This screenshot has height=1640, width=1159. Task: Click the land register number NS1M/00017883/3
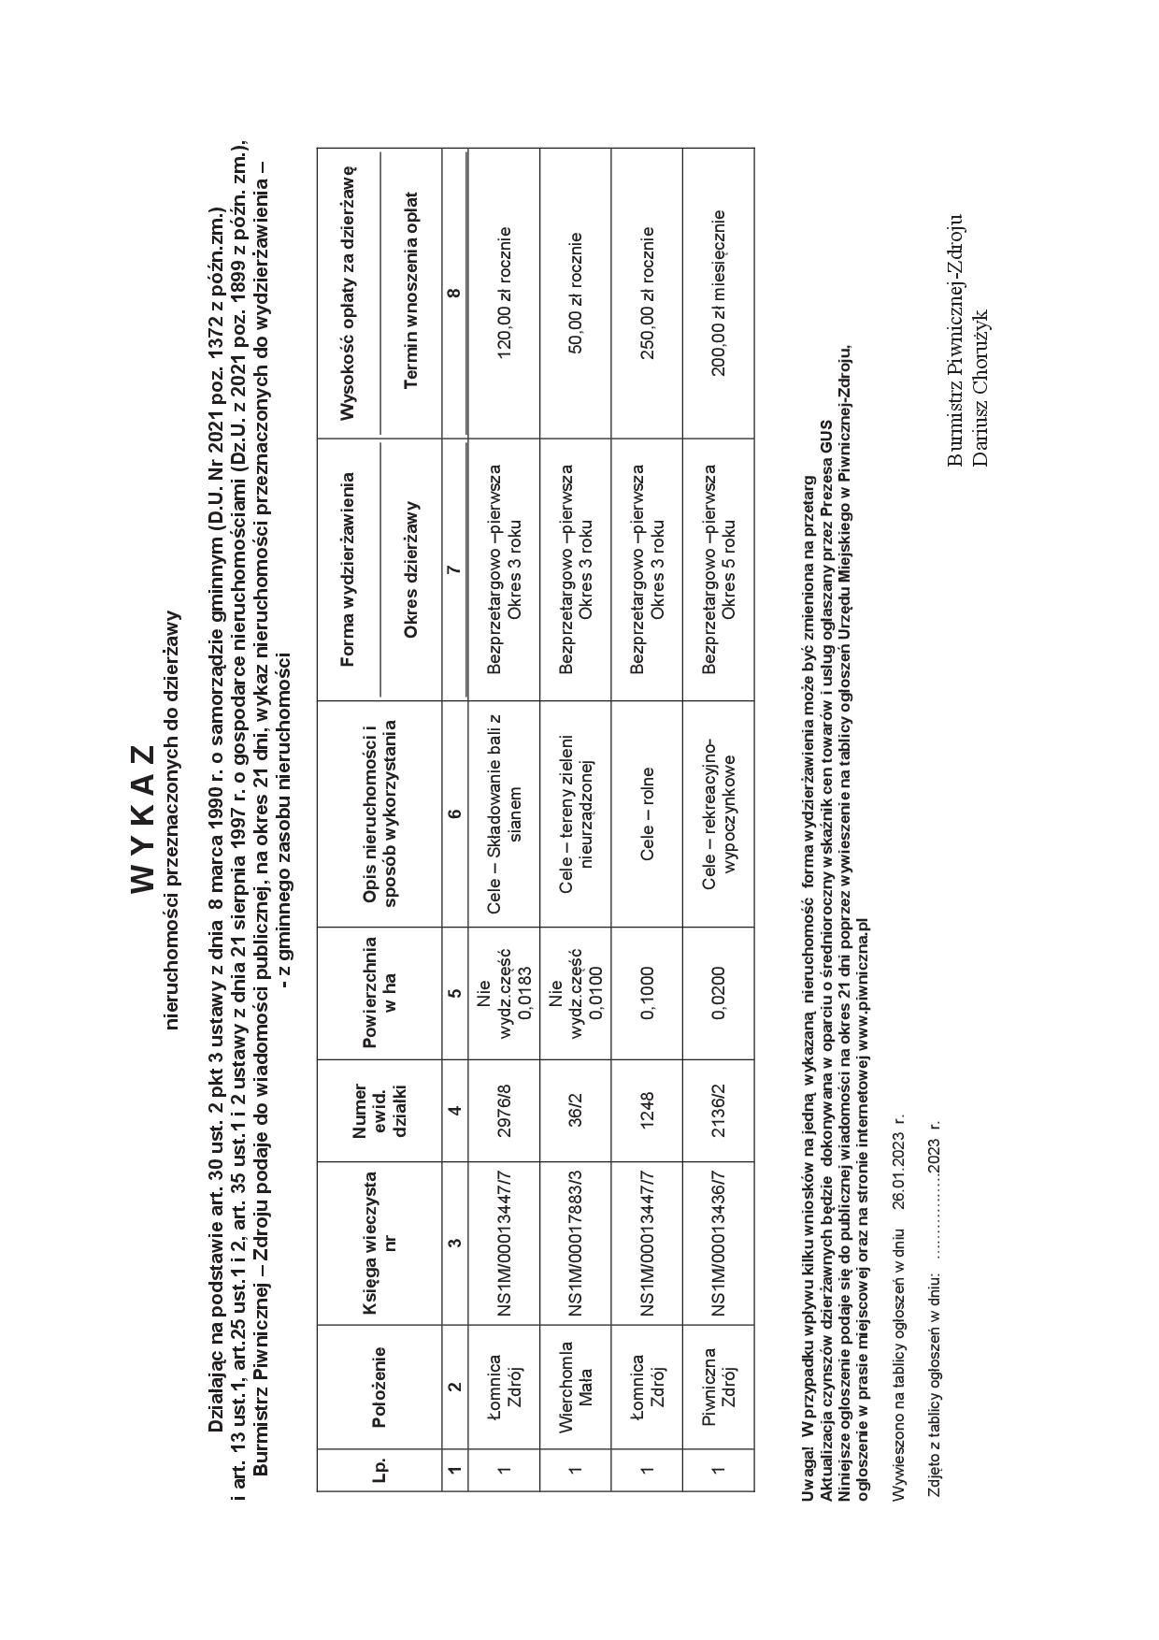(576, 1243)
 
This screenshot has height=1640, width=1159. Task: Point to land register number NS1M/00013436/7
(719, 1243)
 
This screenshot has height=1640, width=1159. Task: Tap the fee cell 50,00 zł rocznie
(576, 293)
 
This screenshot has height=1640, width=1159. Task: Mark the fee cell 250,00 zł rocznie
(648, 293)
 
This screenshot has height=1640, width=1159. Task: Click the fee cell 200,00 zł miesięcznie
(719, 293)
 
